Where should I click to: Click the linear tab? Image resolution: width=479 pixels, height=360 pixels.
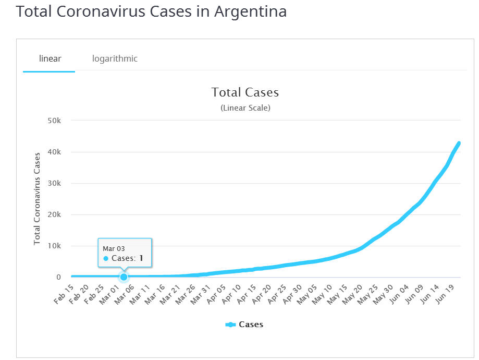pyautogui.click(x=50, y=58)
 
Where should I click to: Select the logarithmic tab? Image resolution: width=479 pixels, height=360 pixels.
pyautogui.click(x=115, y=58)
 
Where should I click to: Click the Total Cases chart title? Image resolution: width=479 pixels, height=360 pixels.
pyautogui.click(x=245, y=92)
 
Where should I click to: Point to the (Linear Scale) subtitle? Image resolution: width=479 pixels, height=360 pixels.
pyautogui.click(x=245, y=108)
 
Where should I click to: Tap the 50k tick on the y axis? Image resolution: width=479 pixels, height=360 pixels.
pyautogui.click(x=55, y=121)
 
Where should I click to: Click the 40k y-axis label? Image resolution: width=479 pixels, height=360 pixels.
pyautogui.click(x=55, y=152)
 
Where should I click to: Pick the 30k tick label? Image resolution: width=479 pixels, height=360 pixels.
pyautogui.click(x=55, y=183)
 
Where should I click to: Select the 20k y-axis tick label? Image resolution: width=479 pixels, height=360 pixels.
pyautogui.click(x=55, y=214)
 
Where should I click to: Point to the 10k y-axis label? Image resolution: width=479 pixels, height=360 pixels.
pyautogui.click(x=55, y=246)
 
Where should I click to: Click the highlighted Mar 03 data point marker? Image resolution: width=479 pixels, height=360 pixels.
pyautogui.click(x=124, y=277)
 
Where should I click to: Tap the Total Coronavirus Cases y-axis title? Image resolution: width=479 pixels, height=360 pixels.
pyautogui.click(x=37, y=199)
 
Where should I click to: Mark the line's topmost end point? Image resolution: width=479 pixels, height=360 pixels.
pyautogui.click(x=459, y=143)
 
